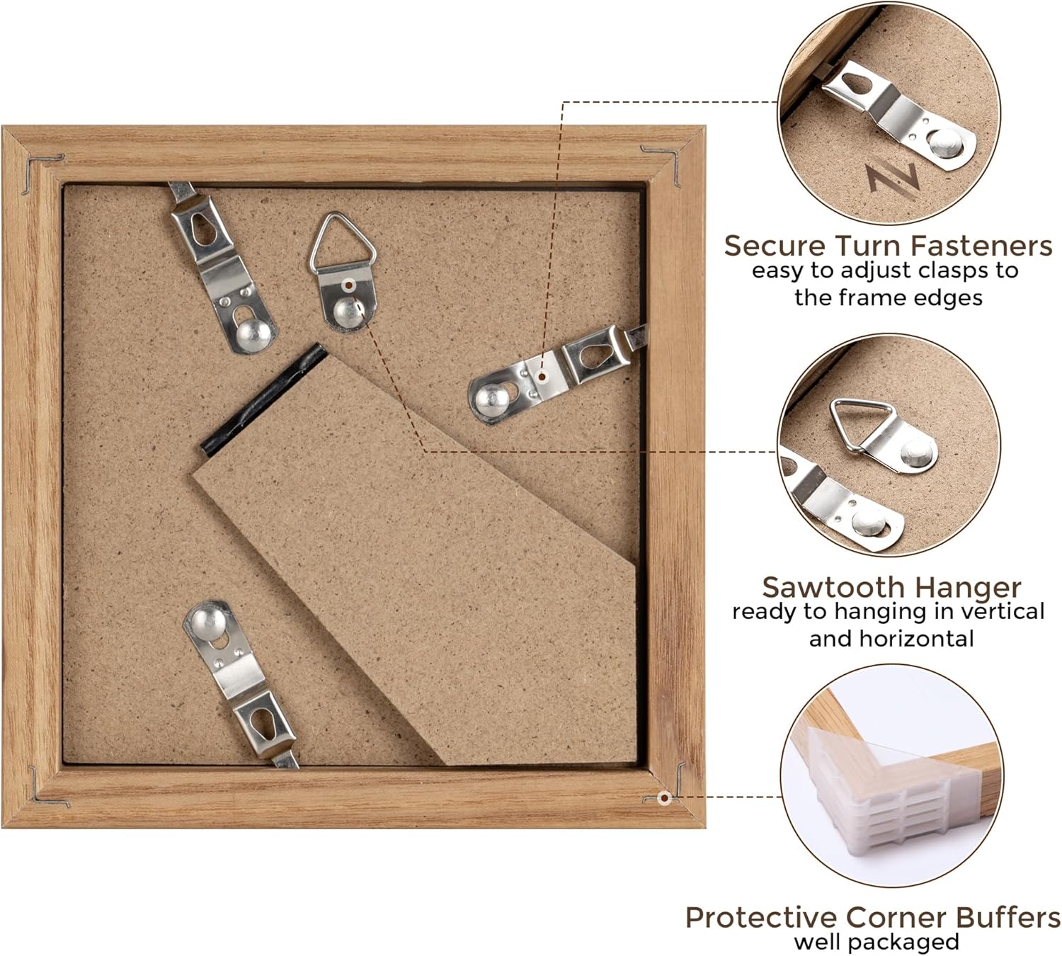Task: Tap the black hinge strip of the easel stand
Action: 263,400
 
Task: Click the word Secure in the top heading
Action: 775,246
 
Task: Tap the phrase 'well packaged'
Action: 877,942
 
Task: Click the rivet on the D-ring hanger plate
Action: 347,312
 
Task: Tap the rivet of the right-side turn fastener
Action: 491,398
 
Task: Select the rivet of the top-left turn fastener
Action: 253,334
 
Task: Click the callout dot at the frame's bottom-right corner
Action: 664,797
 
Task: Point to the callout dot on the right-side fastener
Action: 541,377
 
